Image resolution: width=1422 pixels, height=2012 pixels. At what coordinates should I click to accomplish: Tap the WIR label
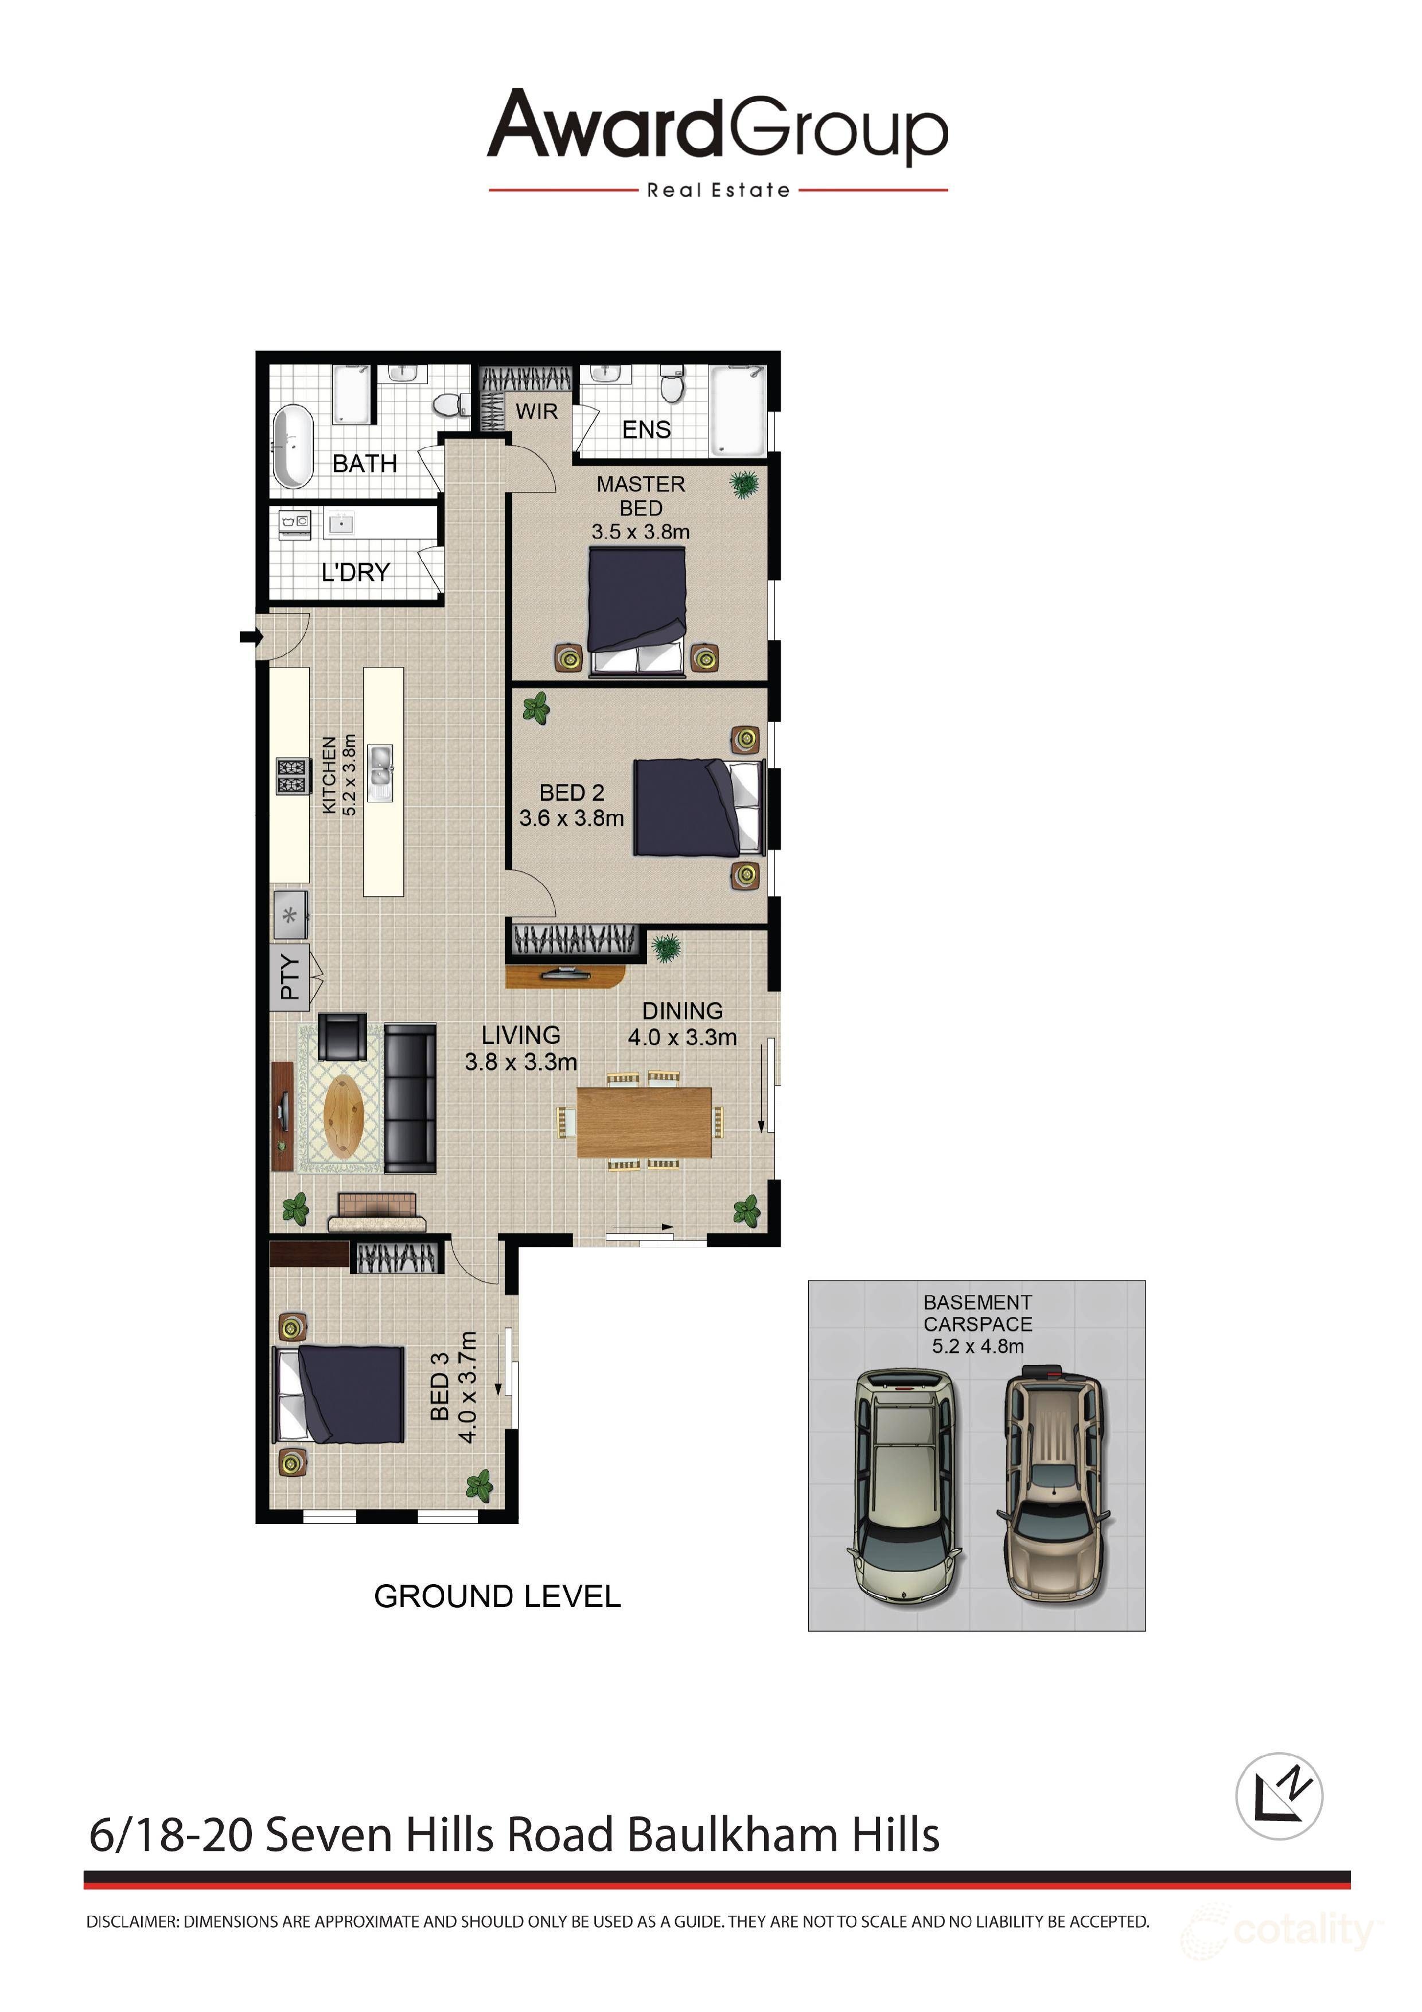click(x=536, y=411)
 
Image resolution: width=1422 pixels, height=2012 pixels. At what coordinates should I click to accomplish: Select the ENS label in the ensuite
click(x=646, y=430)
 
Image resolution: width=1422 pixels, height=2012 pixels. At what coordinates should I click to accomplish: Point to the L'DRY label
click(x=355, y=572)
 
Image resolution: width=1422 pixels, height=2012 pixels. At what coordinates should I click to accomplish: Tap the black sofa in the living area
click(x=410, y=1098)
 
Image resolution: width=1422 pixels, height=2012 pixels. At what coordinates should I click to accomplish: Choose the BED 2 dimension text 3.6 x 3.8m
click(x=571, y=818)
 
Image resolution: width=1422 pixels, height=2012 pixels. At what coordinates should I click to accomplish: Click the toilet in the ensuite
click(x=672, y=385)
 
